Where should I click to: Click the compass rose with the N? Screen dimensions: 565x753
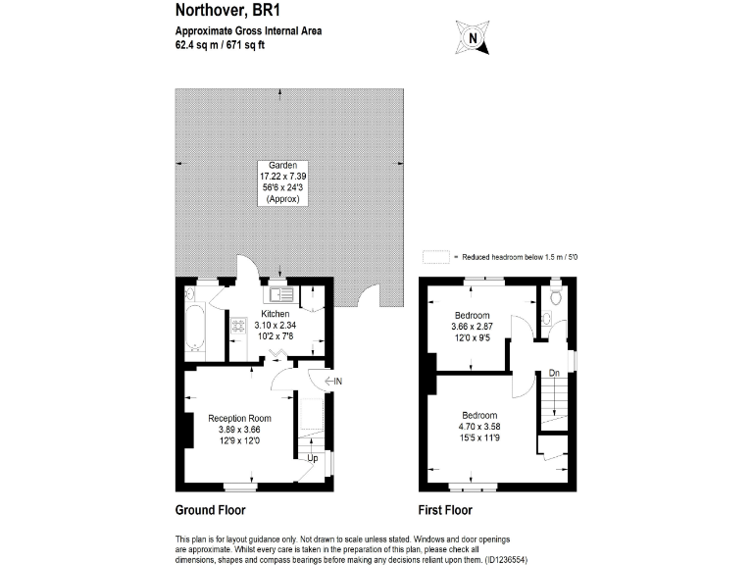tap(474, 38)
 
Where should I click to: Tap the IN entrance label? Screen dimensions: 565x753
tap(335, 381)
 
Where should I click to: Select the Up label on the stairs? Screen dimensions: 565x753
tap(314, 458)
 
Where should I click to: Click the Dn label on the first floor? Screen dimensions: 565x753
tap(554, 372)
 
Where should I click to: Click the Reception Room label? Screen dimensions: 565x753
tap(239, 418)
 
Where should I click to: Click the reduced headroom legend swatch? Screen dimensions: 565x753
tap(434, 257)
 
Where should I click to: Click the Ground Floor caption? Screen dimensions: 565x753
tap(210, 510)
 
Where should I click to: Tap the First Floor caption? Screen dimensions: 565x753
tap(445, 510)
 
